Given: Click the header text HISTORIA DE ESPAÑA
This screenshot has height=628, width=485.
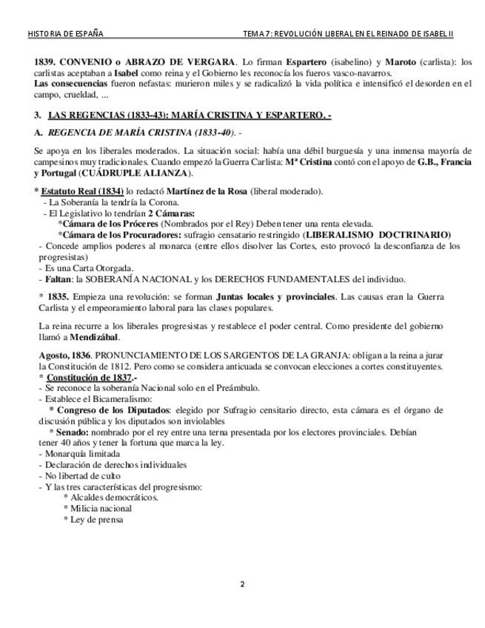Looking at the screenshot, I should point(65,34).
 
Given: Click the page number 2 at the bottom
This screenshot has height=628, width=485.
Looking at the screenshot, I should point(242,585).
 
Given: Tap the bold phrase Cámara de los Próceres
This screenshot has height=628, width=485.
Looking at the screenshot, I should point(110,224).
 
